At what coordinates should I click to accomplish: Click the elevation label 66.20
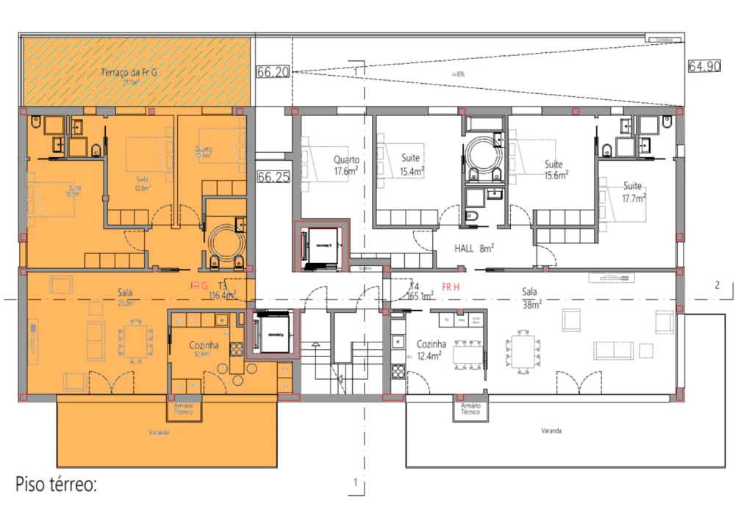tap(270, 72)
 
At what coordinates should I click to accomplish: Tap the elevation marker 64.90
tap(704, 66)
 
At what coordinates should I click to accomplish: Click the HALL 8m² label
tap(474, 249)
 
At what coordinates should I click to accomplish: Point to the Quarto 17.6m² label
tap(345, 165)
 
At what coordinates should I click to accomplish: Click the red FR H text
tap(451, 286)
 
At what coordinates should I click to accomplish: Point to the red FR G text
tap(199, 285)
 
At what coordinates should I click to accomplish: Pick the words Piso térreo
tap(56, 485)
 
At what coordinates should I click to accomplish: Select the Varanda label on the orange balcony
tap(157, 433)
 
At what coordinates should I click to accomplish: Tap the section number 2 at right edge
tap(717, 286)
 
